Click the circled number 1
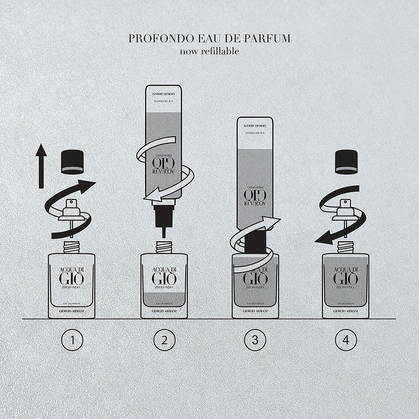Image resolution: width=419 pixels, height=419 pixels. tap(72, 340)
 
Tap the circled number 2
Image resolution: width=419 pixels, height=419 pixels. tap(164, 340)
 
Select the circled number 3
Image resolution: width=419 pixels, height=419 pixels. tap(255, 340)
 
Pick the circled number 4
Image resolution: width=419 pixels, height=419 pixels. tap(346, 340)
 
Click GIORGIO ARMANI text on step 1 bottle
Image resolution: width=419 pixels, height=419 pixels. tap(72, 312)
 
